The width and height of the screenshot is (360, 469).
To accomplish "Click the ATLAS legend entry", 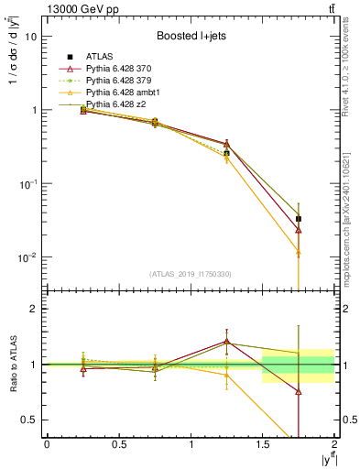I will point(98,58).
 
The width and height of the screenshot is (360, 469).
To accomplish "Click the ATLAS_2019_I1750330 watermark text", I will point(190,274).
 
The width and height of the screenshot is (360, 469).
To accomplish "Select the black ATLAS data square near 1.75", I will point(299,219).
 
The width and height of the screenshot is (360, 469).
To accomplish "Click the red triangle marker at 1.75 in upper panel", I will point(299,230).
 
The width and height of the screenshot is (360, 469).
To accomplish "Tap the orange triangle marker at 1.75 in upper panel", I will point(299,251).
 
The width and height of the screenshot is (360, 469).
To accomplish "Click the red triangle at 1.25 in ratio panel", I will point(226,341).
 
